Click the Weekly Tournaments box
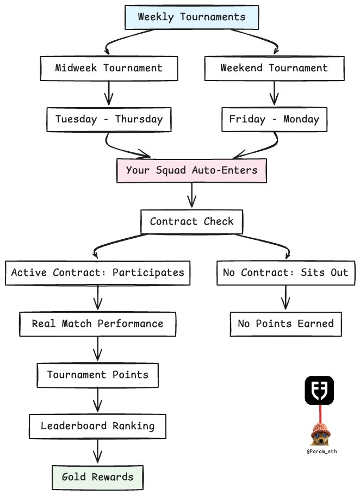click(191, 17)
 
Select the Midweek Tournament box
click(109, 68)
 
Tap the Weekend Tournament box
click(274, 68)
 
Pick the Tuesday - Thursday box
click(109, 119)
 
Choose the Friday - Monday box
click(274, 119)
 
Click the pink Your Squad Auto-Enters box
click(191, 170)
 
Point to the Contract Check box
click(191, 221)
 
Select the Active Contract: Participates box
click(98, 273)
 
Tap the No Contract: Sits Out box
click(285, 273)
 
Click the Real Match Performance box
click(98, 324)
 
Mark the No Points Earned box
click(285, 324)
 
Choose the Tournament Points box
click(98, 375)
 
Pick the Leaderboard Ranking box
click(98, 426)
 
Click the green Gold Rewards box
click(98, 477)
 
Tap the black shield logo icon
click(319, 389)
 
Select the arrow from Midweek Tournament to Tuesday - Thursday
click(109, 93)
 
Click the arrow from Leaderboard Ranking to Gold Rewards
click(98, 451)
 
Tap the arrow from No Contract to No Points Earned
click(285, 298)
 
